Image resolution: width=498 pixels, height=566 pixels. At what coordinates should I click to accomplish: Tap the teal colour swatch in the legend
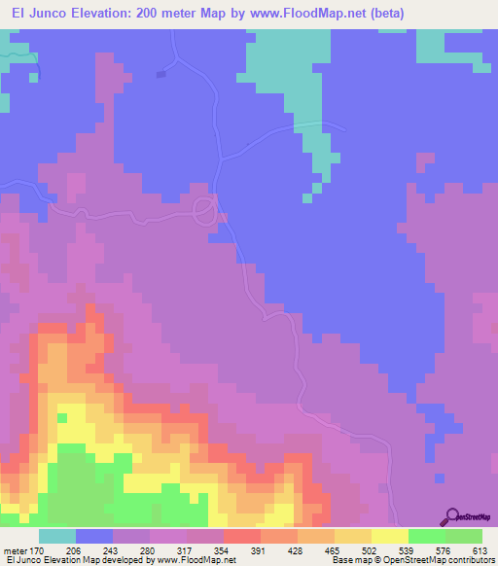click(56, 536)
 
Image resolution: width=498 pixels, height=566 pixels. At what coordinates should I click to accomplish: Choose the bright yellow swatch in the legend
click(389, 536)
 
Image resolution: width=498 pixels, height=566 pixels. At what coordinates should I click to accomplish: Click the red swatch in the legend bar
click(241, 536)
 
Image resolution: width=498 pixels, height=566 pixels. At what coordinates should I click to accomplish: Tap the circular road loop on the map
click(205, 209)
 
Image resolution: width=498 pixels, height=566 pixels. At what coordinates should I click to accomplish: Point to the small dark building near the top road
click(161, 73)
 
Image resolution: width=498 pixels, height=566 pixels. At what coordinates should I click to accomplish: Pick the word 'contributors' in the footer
click(474, 560)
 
